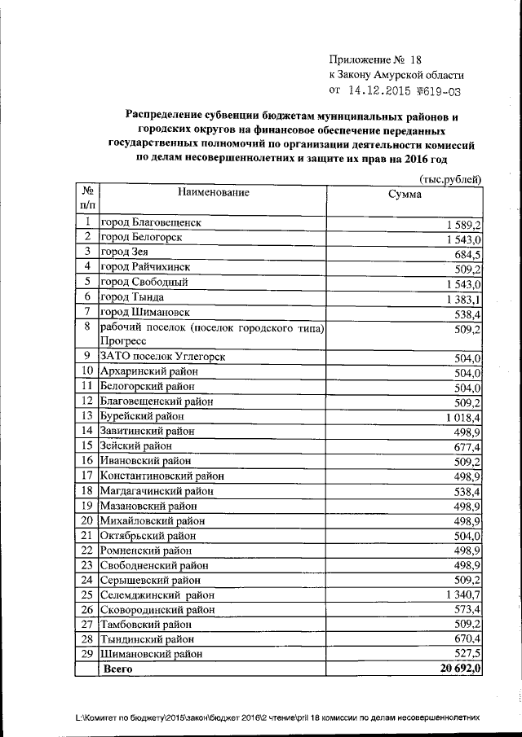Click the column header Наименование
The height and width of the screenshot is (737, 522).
(210, 193)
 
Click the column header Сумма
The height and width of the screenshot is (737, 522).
(405, 195)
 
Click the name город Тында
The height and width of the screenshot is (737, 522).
(130, 297)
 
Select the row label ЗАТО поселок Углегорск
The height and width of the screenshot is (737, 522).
(161, 357)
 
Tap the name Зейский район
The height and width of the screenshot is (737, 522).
(135, 445)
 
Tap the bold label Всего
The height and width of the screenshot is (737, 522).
(117, 669)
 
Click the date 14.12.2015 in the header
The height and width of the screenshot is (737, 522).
(380, 91)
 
